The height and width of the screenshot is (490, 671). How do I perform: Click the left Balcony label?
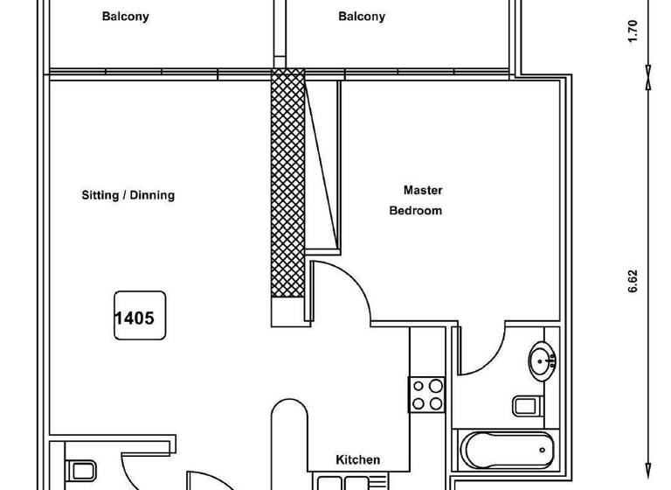pos(125,17)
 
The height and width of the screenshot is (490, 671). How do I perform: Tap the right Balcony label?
pos(361,17)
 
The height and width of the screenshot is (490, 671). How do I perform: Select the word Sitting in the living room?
pos(100,195)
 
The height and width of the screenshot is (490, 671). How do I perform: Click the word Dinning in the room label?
pos(151,195)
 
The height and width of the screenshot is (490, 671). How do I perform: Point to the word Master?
pos(423,190)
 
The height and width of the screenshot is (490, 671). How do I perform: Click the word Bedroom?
pos(415,211)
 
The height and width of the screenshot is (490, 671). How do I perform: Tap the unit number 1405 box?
pos(138,317)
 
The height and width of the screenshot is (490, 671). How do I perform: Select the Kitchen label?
pos(358,459)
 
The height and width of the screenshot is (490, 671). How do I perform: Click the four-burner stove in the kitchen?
pos(428,394)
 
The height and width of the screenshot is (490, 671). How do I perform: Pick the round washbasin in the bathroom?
pos(541,359)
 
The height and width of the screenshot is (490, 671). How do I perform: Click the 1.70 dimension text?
pos(633,31)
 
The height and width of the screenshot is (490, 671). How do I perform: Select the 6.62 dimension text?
pos(633,281)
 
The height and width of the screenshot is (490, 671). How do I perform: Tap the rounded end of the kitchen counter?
pos(289,415)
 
